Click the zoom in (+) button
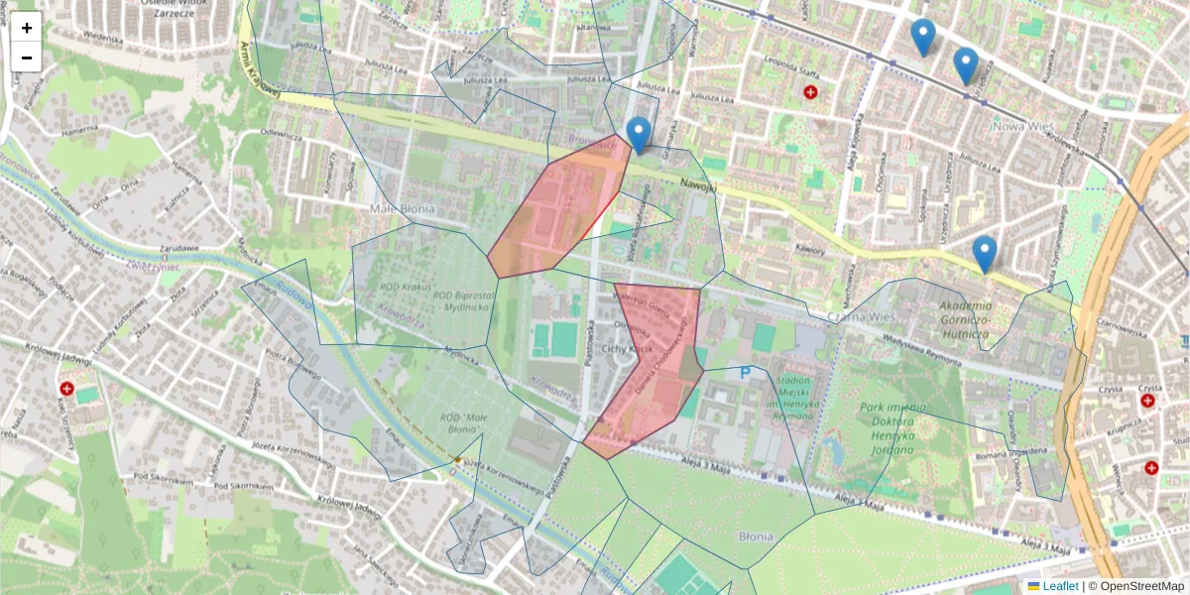pyautogui.click(x=27, y=28)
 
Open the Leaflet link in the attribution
pyautogui.click(x=1060, y=586)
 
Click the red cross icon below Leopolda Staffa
pyautogui.click(x=811, y=92)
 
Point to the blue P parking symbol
pyautogui.click(x=745, y=374)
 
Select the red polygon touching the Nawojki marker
pyautogui.click(x=560, y=213)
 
